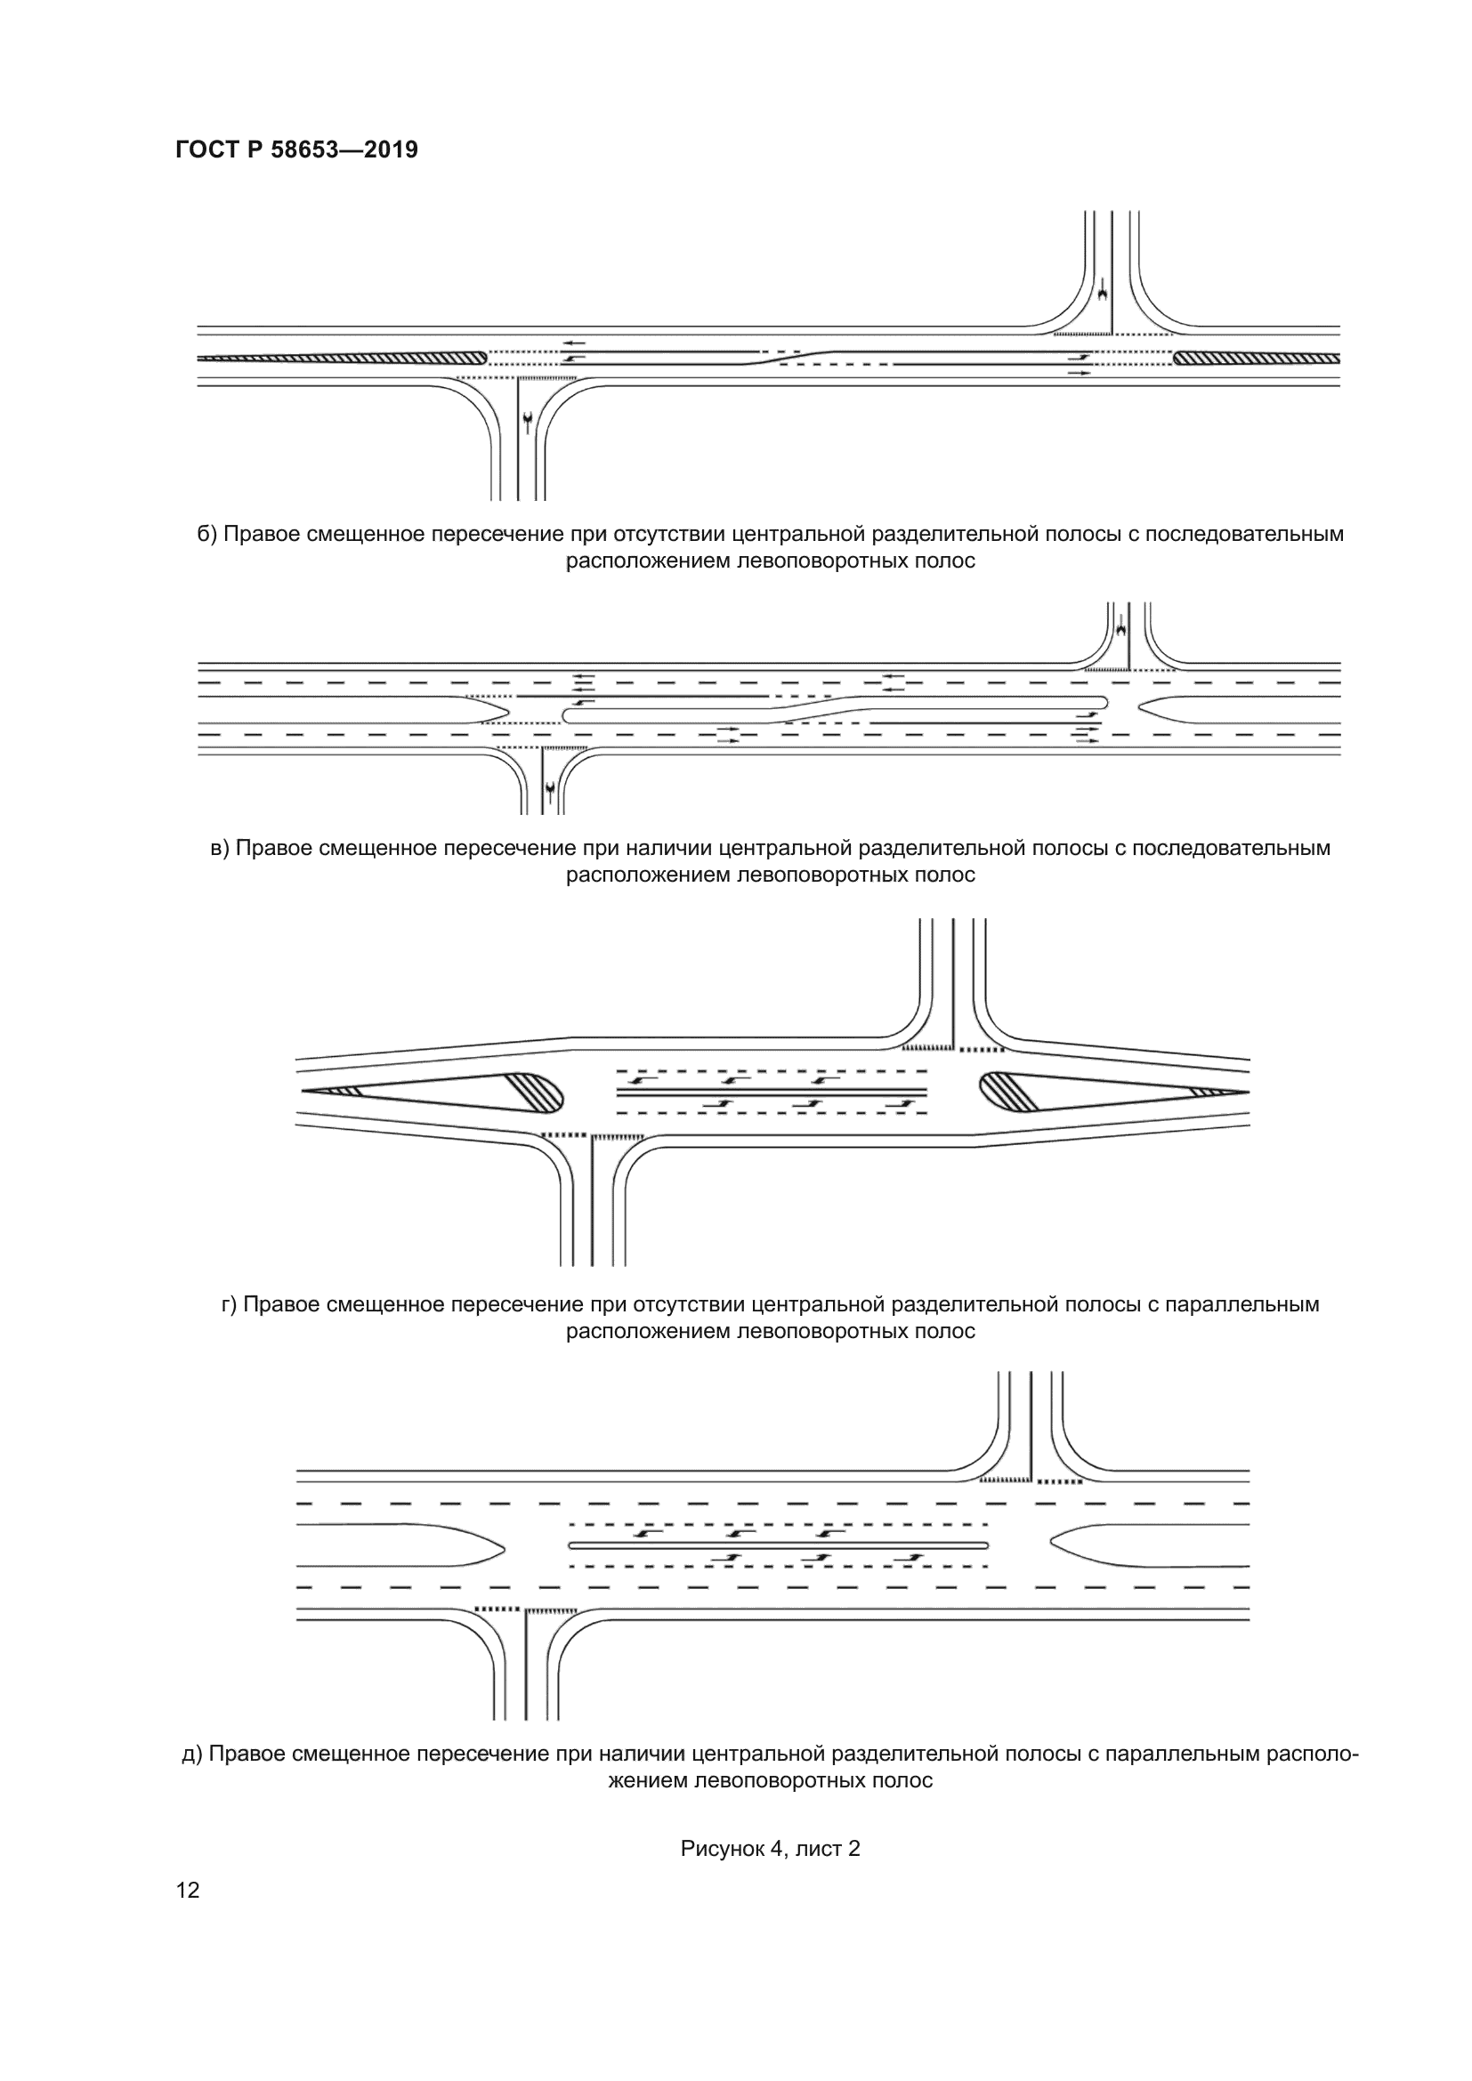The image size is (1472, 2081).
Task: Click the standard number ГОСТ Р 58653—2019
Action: (x=296, y=149)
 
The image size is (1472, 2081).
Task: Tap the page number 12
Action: (x=188, y=1890)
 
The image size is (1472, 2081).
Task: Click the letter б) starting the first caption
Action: (x=206, y=535)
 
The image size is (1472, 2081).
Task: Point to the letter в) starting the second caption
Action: (x=219, y=849)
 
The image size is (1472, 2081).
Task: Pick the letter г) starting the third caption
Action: (x=230, y=1304)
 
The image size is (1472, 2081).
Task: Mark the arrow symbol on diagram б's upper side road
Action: (x=1102, y=292)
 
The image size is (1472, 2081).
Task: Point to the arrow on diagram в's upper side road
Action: (x=1121, y=625)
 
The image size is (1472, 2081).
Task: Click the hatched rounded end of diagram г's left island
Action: (x=537, y=1093)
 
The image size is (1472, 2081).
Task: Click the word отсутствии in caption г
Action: (x=688, y=1304)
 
